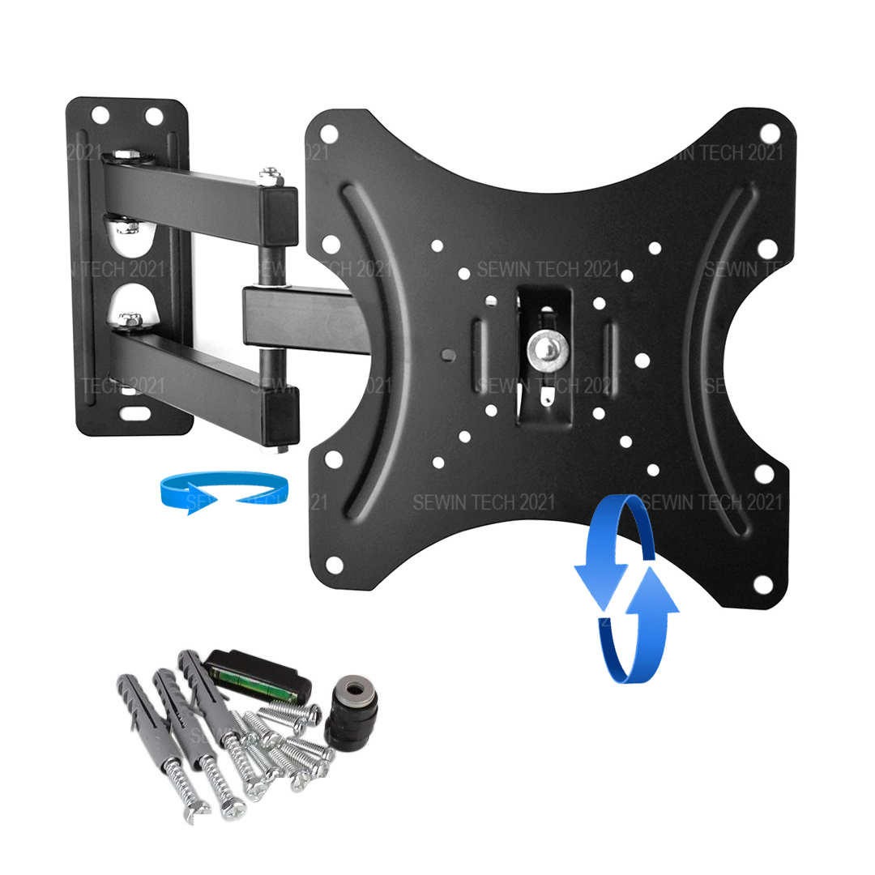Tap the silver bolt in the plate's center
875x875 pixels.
(x=547, y=349)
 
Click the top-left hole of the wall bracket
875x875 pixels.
(x=100, y=115)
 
